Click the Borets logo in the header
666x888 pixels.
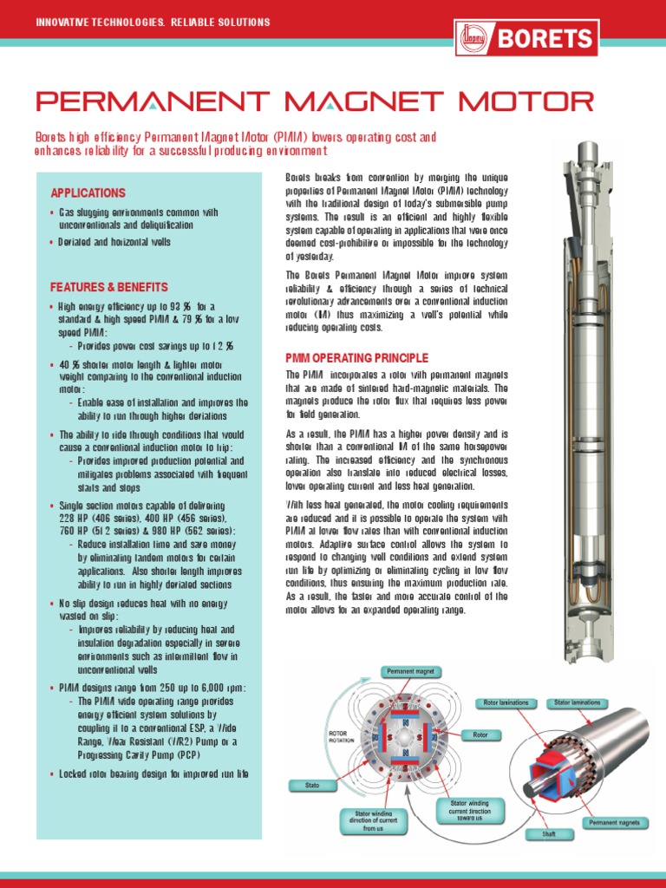coord(526,38)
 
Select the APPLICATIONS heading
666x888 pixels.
coord(88,193)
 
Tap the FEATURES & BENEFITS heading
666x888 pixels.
coord(109,287)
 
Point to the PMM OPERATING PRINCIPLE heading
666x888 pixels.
coord(357,357)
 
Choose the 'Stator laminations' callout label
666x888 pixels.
coord(578,702)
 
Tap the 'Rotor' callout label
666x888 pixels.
coord(480,735)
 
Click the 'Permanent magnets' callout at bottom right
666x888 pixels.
coord(614,822)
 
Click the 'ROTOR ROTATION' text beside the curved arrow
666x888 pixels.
coord(339,736)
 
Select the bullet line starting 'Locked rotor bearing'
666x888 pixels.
coord(153,774)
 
